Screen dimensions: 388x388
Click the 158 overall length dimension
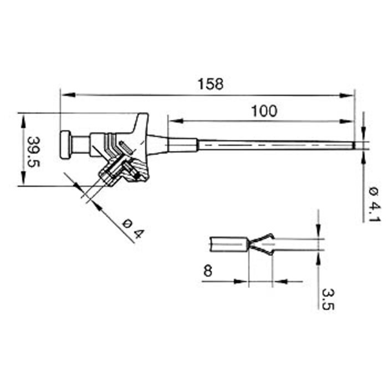pyautogui.click(x=211, y=84)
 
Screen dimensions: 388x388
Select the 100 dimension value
pyautogui.click(x=264, y=111)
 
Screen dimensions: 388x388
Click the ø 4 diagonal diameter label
pyautogui.click(x=132, y=228)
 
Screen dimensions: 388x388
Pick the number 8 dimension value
pyautogui.click(x=208, y=271)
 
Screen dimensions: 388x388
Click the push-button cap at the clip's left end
pyautogui.click(x=65, y=144)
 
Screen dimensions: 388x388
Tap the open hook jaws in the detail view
pyautogui.click(x=262, y=244)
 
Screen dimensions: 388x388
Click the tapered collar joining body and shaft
pyautogui.click(x=158, y=144)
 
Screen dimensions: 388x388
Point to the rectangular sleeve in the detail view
pyautogui.click(x=228, y=244)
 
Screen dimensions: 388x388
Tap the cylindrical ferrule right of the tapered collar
pyautogui.click(x=182, y=145)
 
